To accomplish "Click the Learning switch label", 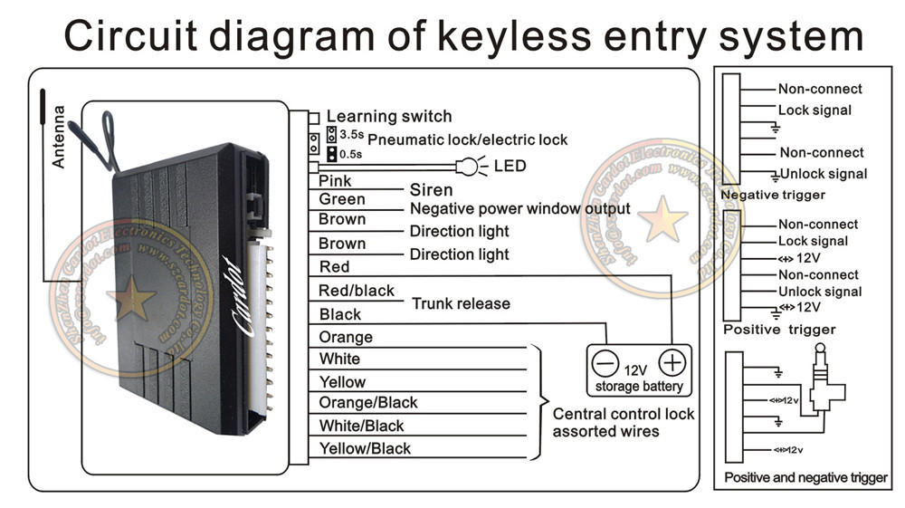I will pyautogui.click(x=388, y=116).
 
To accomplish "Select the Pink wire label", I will pyautogui.click(x=335, y=181).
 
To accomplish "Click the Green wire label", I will pyautogui.click(x=342, y=199).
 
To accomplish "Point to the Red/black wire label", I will pyautogui.click(x=357, y=291).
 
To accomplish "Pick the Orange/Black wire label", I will pyautogui.click(x=368, y=402).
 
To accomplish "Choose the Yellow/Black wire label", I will pyautogui.click(x=365, y=448).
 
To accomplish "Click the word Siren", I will pyautogui.click(x=431, y=190).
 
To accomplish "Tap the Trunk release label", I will pyautogui.click(x=461, y=303).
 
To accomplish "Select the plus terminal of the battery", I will pyautogui.click(x=672, y=362).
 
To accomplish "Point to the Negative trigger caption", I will pyautogui.click(x=772, y=195).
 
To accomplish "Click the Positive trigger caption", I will pyautogui.click(x=779, y=330).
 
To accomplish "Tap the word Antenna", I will pyautogui.click(x=59, y=137).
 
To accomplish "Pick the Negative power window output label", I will pyautogui.click(x=507, y=209).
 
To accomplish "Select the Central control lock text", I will pyautogui.click(x=624, y=414).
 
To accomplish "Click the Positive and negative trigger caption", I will pyautogui.click(x=805, y=477).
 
